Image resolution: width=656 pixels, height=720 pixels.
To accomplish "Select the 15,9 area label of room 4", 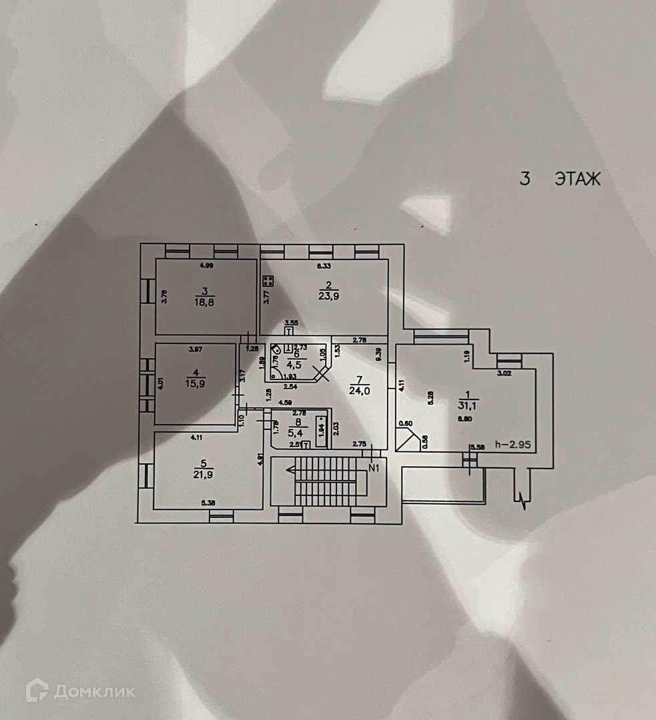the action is (x=197, y=382).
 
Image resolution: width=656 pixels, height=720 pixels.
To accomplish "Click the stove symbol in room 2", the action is (x=268, y=281).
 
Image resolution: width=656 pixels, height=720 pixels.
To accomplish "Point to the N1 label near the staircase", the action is (x=374, y=467).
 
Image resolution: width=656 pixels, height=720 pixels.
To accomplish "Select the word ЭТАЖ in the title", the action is (x=577, y=179).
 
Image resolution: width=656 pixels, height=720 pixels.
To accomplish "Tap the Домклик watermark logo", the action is (x=80, y=691).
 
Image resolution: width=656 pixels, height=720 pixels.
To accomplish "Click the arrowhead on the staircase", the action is (x=291, y=469).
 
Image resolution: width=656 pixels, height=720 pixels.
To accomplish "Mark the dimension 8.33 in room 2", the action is (x=324, y=266).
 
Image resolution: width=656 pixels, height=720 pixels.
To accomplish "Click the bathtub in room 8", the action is (x=322, y=431).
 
